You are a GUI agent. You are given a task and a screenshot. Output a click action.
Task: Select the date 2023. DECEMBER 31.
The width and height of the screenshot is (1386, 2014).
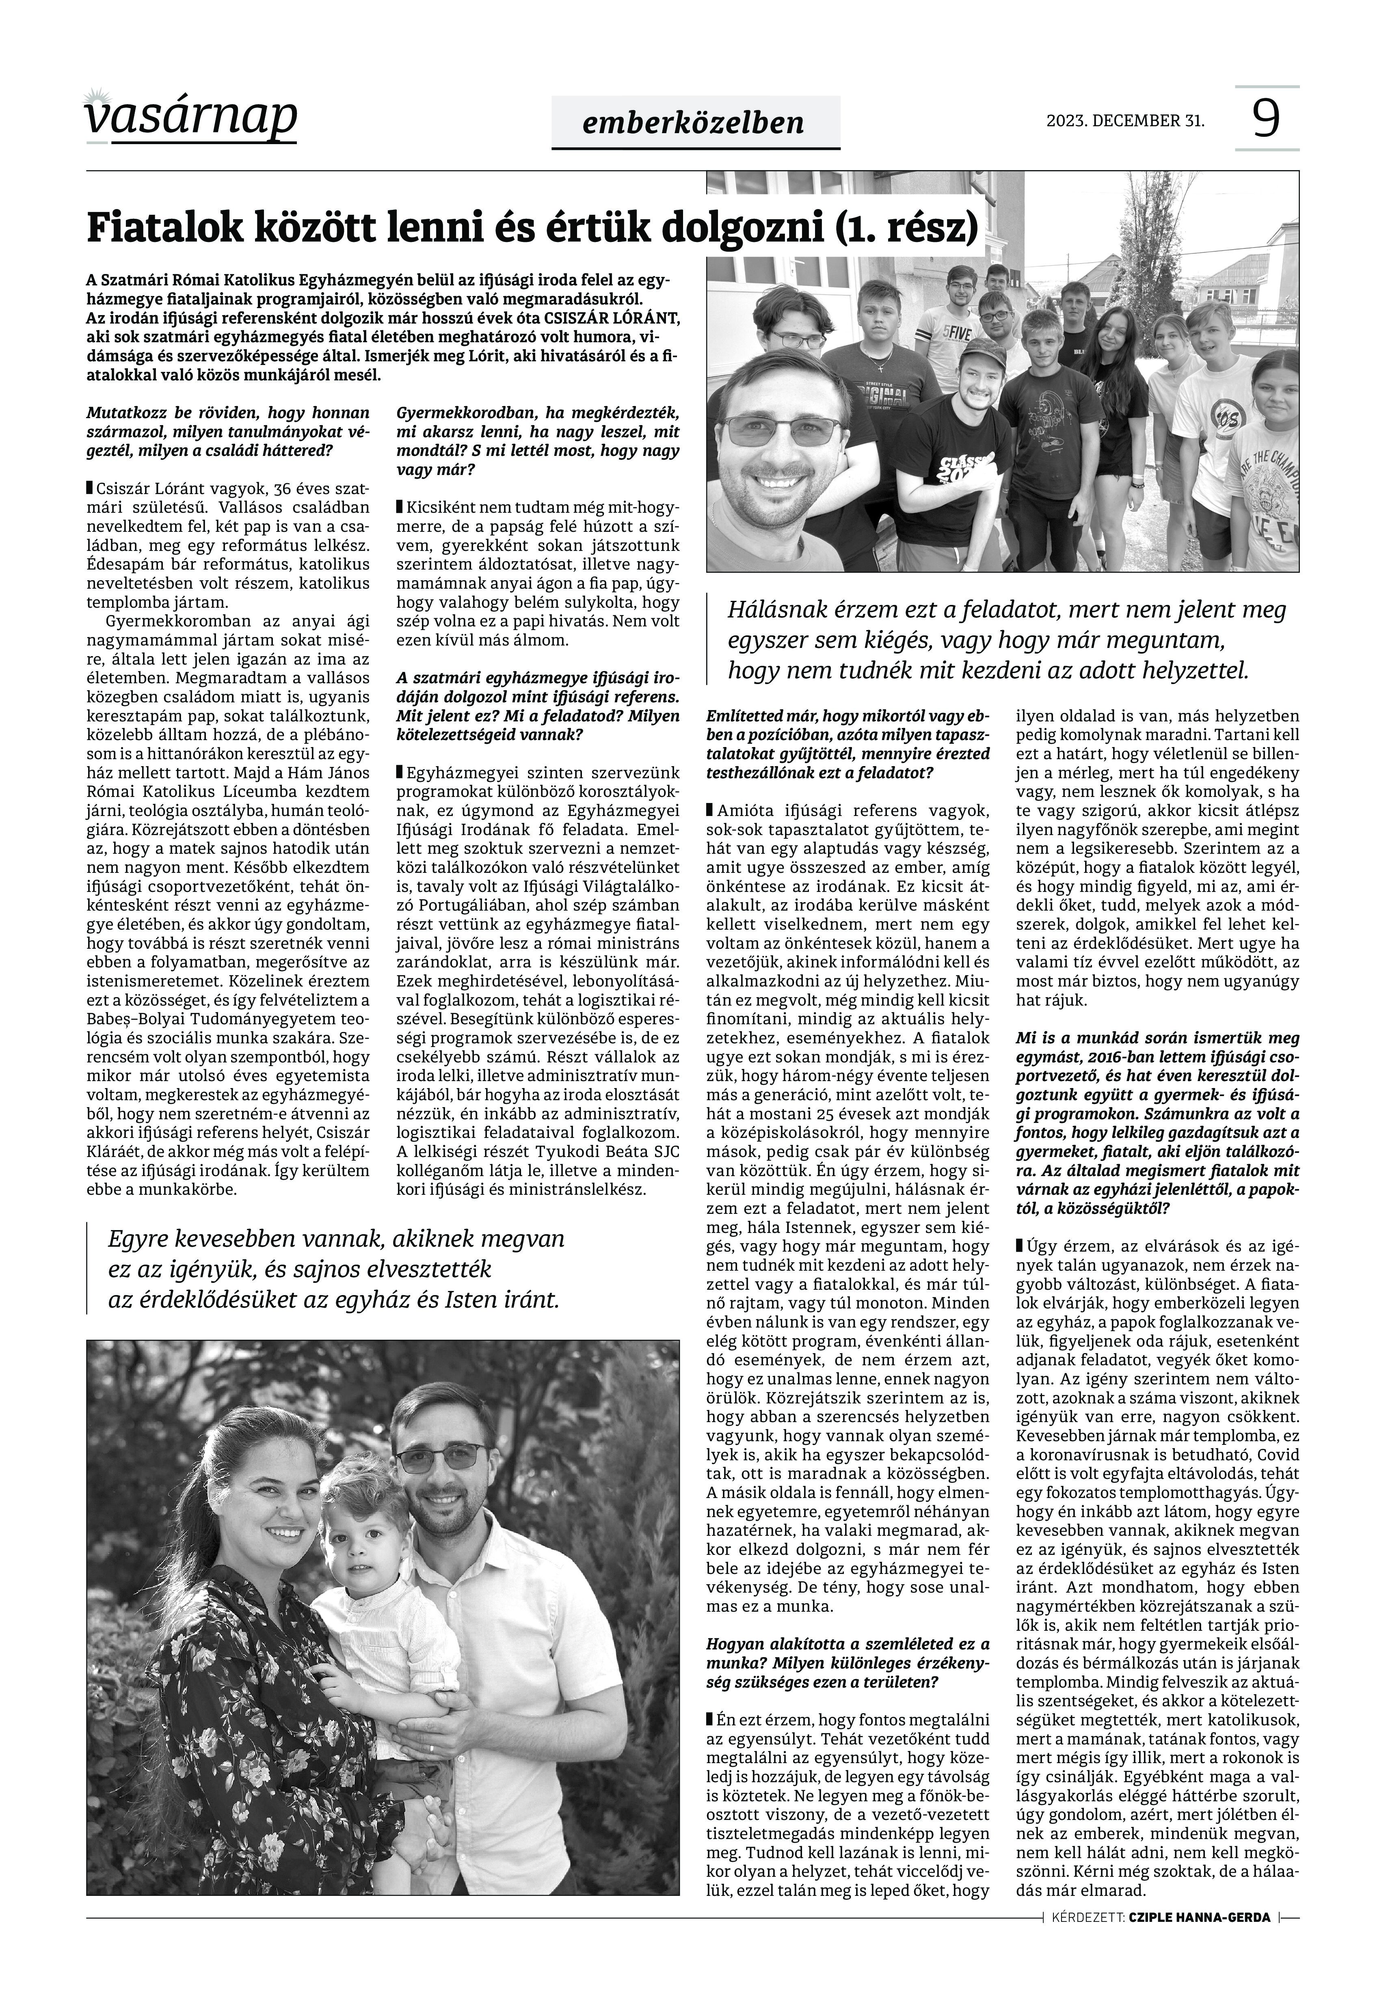coord(1125,121)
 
